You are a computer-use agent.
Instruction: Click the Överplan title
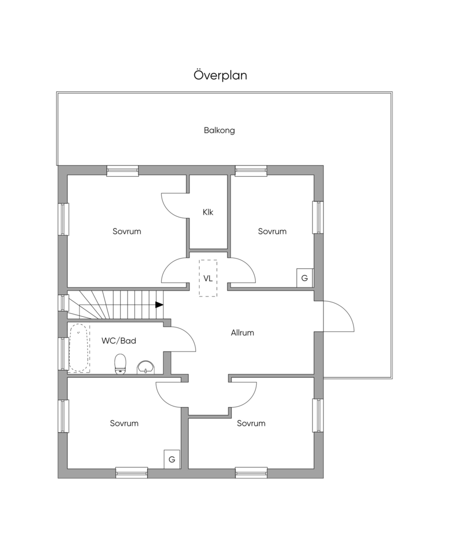pos(220,75)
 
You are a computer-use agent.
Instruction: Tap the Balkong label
pos(219,130)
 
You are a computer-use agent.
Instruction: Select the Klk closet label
pos(208,212)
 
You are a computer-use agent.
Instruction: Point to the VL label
pos(208,278)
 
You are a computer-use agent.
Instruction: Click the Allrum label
pos(242,333)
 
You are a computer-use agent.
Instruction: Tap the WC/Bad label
pos(119,341)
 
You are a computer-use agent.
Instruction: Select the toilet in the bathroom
pos(120,364)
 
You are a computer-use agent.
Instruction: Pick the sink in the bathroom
pos(146,368)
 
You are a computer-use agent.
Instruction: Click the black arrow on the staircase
pos(159,305)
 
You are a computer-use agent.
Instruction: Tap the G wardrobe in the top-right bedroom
pos(305,278)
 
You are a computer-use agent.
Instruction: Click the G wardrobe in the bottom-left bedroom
pos(172,459)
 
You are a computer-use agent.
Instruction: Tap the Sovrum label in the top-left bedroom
pos(127,231)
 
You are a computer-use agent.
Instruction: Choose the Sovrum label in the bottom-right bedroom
pos(251,423)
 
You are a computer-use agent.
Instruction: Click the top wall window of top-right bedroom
pos(251,170)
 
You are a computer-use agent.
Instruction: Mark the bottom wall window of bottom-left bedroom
pos(132,473)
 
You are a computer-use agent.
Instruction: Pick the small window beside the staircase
pos(63,302)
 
